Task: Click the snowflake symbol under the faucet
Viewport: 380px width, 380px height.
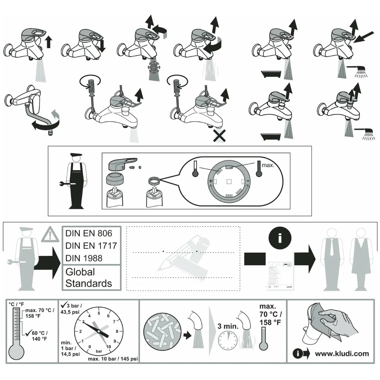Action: [153, 67]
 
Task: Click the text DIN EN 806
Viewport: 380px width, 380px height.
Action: [89, 233]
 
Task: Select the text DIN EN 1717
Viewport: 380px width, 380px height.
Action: [91, 246]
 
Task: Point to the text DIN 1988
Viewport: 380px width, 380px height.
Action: [84, 258]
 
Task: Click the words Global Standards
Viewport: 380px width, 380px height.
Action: [88, 278]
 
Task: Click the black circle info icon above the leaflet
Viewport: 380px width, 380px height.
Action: [280, 238]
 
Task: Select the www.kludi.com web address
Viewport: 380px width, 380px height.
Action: [342, 354]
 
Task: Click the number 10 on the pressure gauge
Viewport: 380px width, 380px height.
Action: [109, 347]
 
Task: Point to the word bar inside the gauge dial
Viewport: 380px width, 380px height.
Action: [99, 351]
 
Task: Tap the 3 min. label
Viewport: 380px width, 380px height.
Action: [228, 326]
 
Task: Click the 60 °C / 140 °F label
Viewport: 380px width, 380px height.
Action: [39, 336]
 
